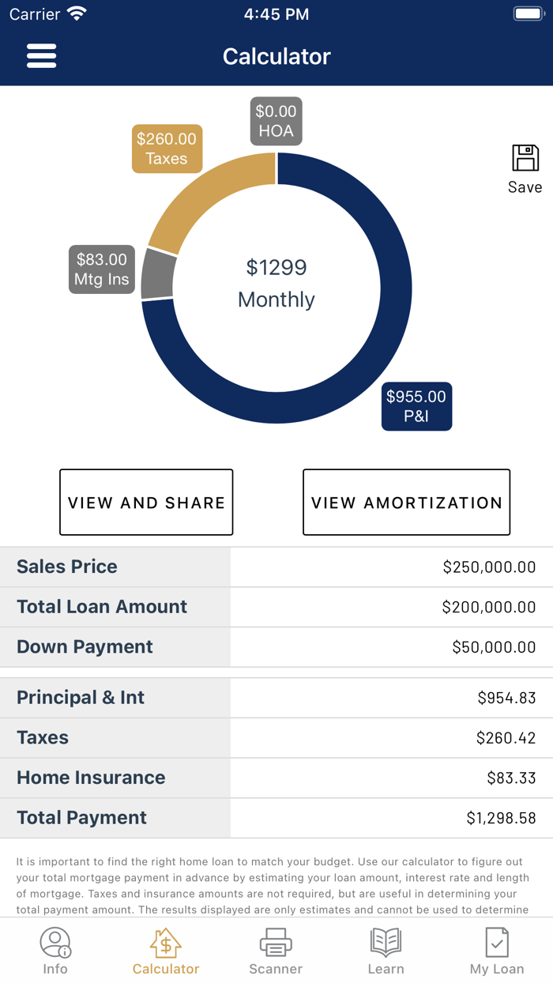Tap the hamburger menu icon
(41, 56)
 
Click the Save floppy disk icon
(525, 159)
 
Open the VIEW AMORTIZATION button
(406, 503)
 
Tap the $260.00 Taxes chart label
(167, 149)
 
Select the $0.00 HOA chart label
(276, 122)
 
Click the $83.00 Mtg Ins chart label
(101, 269)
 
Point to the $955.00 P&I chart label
(416, 406)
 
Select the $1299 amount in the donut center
(276, 268)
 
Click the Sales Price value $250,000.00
(489, 567)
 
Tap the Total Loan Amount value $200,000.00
(489, 607)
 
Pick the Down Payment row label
(85, 646)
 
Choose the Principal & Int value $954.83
(506, 698)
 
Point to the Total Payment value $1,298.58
(501, 818)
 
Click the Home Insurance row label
(91, 778)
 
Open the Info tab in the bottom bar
(55, 951)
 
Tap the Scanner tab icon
(276, 943)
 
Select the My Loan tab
(497, 951)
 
